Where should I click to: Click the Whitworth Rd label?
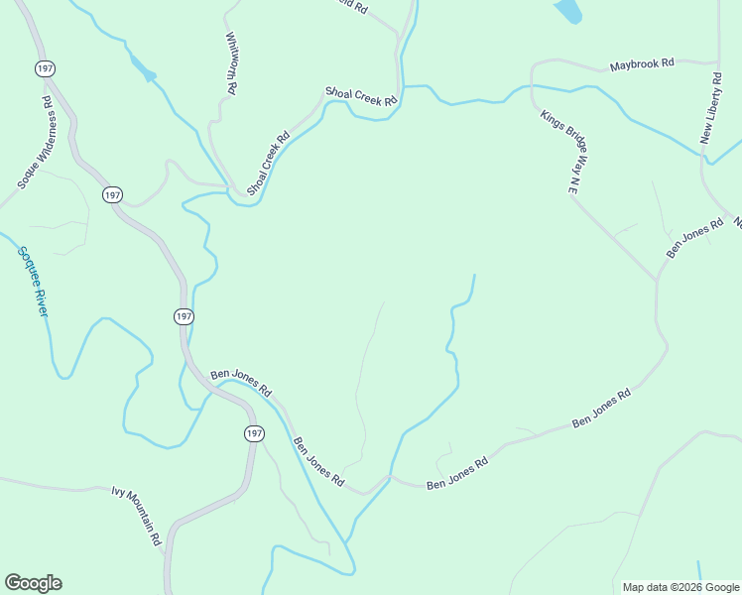pos(231,63)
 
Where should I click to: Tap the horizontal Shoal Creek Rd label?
pos(361,95)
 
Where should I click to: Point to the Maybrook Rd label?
pos(642,63)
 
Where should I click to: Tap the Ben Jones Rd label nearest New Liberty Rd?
pos(694,238)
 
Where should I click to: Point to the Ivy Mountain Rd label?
pos(136,515)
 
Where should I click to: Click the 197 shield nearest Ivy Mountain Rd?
pos(254,433)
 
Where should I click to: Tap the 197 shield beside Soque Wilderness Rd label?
pos(45,68)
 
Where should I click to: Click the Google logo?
pos(33,583)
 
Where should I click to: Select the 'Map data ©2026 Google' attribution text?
pos(680,587)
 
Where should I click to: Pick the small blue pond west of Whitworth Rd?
pos(145,72)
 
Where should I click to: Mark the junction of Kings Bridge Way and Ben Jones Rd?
pos(657,280)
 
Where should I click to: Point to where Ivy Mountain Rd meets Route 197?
pos(171,527)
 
